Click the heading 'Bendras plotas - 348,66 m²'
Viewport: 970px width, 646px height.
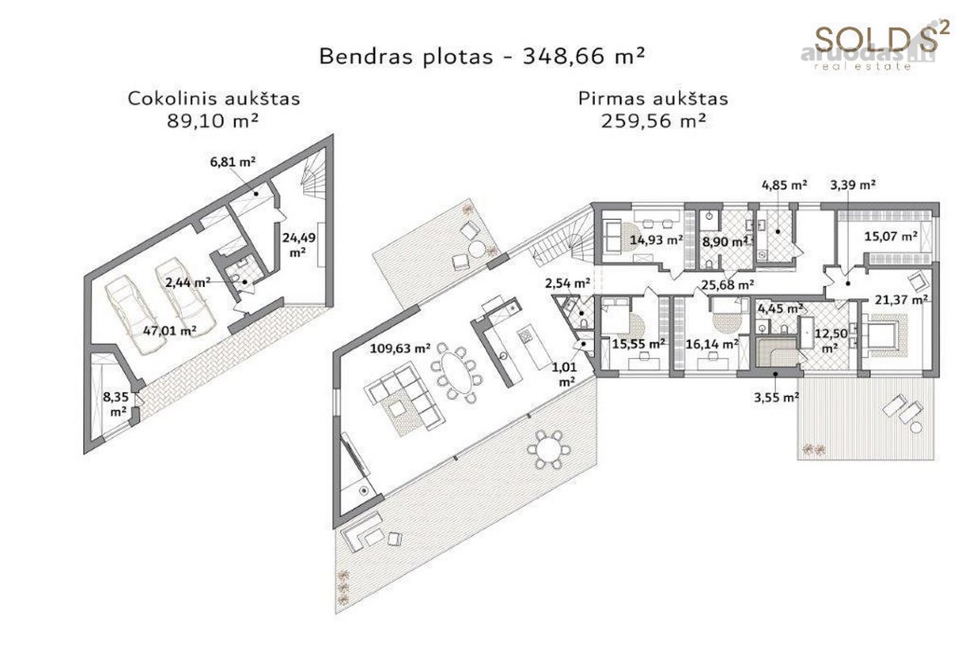(483, 57)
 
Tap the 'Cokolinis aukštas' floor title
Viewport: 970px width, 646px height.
(214, 99)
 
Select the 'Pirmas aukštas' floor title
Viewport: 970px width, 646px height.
(653, 99)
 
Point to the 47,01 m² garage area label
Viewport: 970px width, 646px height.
(170, 331)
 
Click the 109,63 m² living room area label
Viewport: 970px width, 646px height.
(400, 348)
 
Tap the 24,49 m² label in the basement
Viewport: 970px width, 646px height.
(299, 245)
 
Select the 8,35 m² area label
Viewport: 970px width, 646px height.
(115, 404)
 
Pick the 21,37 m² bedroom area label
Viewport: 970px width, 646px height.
(901, 300)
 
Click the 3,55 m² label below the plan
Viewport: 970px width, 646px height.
(777, 397)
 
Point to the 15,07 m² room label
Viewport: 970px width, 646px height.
(891, 237)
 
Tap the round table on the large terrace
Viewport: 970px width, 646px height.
(549, 450)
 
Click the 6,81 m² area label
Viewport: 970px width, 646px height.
(233, 163)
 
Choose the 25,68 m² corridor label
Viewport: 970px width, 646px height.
(728, 285)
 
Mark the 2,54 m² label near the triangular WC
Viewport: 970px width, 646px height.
(567, 284)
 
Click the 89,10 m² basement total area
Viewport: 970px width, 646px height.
(213, 120)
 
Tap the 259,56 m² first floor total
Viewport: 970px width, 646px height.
(653, 120)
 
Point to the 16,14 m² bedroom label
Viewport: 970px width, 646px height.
(712, 344)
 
